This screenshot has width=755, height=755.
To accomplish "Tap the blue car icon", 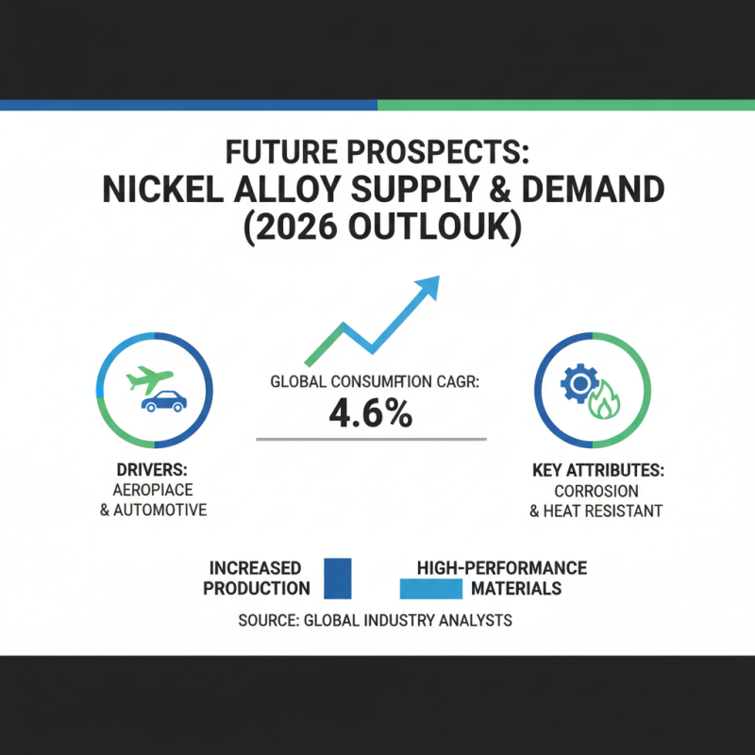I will (x=163, y=401).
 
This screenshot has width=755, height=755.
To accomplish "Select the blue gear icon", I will (x=577, y=383).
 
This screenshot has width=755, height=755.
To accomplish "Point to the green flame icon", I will (x=601, y=403).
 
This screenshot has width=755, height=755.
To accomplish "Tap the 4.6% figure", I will (x=371, y=414).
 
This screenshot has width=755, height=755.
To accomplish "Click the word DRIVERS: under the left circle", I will (x=155, y=471).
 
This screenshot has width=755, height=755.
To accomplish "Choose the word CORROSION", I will (x=596, y=491).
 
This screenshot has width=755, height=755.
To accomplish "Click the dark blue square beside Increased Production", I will (x=337, y=578).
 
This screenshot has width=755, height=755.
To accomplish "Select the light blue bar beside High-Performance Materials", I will (x=431, y=589).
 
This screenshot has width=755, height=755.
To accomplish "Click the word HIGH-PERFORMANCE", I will (x=501, y=568).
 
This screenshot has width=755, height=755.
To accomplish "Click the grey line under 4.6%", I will (x=371, y=439).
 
